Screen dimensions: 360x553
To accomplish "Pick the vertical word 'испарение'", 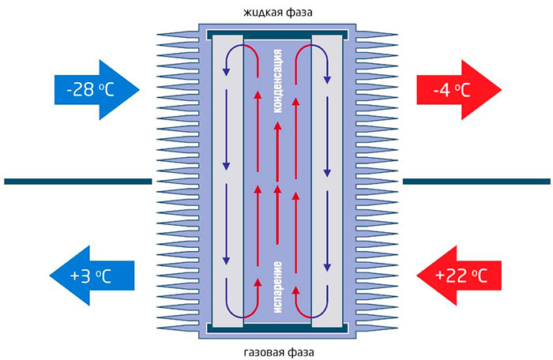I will coord(277,284).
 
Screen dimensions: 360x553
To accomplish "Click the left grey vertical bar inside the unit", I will coord(227,182).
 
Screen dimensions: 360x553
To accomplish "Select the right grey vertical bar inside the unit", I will coord(327,182).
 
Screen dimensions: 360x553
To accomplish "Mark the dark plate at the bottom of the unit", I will coord(276,326).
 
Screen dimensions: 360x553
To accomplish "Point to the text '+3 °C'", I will coord(94,276).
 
